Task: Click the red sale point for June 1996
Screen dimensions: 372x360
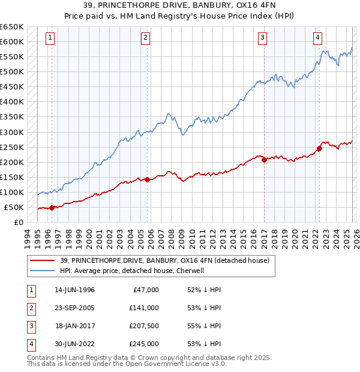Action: click(x=52, y=208)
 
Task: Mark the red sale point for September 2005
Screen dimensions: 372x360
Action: click(x=147, y=179)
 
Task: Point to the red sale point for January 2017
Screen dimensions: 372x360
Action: click(x=264, y=160)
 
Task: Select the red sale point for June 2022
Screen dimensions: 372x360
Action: click(x=319, y=148)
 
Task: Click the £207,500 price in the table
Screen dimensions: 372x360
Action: click(x=144, y=326)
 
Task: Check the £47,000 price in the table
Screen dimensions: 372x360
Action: click(x=146, y=290)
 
